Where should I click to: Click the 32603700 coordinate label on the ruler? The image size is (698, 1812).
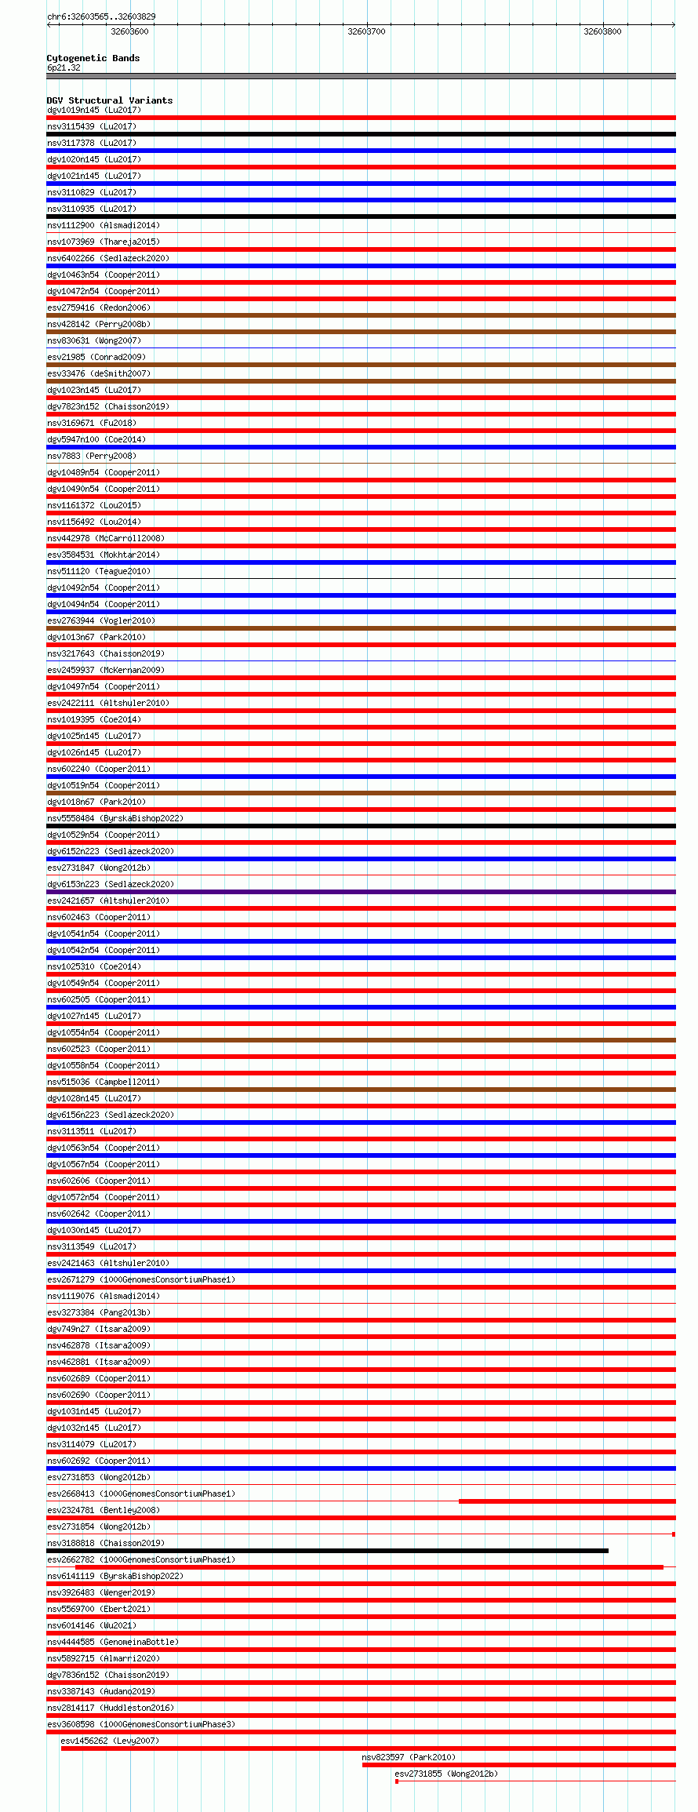coord(366,31)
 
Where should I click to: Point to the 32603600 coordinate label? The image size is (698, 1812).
coord(129,31)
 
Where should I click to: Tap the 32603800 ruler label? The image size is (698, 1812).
coord(602,31)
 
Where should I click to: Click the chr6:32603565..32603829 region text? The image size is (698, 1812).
coord(101,16)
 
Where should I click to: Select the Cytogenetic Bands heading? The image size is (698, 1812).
coord(93,58)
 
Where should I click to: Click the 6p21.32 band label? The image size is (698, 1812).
coord(64,67)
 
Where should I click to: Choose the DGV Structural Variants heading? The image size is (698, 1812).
coord(110,100)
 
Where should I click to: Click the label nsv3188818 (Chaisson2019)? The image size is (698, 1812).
coord(106,1543)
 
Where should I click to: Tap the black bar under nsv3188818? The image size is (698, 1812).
coord(327,1551)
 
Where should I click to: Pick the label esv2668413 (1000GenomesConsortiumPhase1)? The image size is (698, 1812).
coord(141,1494)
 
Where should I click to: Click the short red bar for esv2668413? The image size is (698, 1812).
coord(566,1501)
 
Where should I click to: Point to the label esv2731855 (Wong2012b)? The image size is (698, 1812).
coord(446,1774)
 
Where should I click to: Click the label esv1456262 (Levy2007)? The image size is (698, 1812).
coord(110,1741)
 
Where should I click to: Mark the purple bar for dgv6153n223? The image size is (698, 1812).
coord(361,892)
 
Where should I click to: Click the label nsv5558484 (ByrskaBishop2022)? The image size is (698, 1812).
coord(115,818)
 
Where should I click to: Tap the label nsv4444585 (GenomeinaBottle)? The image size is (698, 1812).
coord(113,1642)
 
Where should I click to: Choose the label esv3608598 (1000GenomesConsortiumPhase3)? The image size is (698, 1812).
coord(141,1724)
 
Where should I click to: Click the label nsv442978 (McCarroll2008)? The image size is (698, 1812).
coord(106,538)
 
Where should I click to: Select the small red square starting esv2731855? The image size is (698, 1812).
coord(397,1781)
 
